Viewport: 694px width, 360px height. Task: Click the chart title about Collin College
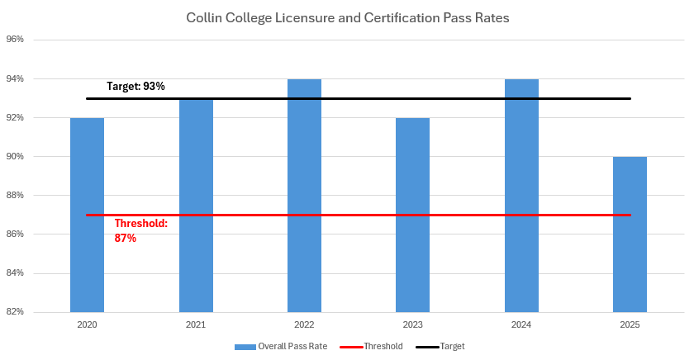coord(347,17)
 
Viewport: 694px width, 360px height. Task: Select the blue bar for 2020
coord(87,215)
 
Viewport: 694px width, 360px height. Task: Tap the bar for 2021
coord(196,206)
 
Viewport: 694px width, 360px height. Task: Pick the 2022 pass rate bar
coord(304,198)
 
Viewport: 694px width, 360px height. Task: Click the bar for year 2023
coord(412,215)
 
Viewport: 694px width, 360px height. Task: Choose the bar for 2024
coord(521,198)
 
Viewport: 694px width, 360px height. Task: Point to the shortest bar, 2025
coord(630,235)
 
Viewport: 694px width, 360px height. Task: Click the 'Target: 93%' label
coord(136,86)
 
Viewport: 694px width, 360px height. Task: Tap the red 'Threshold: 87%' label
coord(140,230)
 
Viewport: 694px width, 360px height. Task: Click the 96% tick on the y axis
coord(14,40)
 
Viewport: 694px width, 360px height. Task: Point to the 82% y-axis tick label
coord(14,312)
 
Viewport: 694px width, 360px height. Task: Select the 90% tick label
coord(14,157)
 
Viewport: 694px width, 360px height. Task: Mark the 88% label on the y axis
coord(14,196)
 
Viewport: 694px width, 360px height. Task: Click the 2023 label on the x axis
coord(412,325)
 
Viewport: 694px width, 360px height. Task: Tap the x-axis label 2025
coord(630,325)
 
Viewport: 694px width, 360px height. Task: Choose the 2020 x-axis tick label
coord(87,325)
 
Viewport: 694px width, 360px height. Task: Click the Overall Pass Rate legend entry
coord(281,346)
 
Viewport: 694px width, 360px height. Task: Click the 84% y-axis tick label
coord(14,273)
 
